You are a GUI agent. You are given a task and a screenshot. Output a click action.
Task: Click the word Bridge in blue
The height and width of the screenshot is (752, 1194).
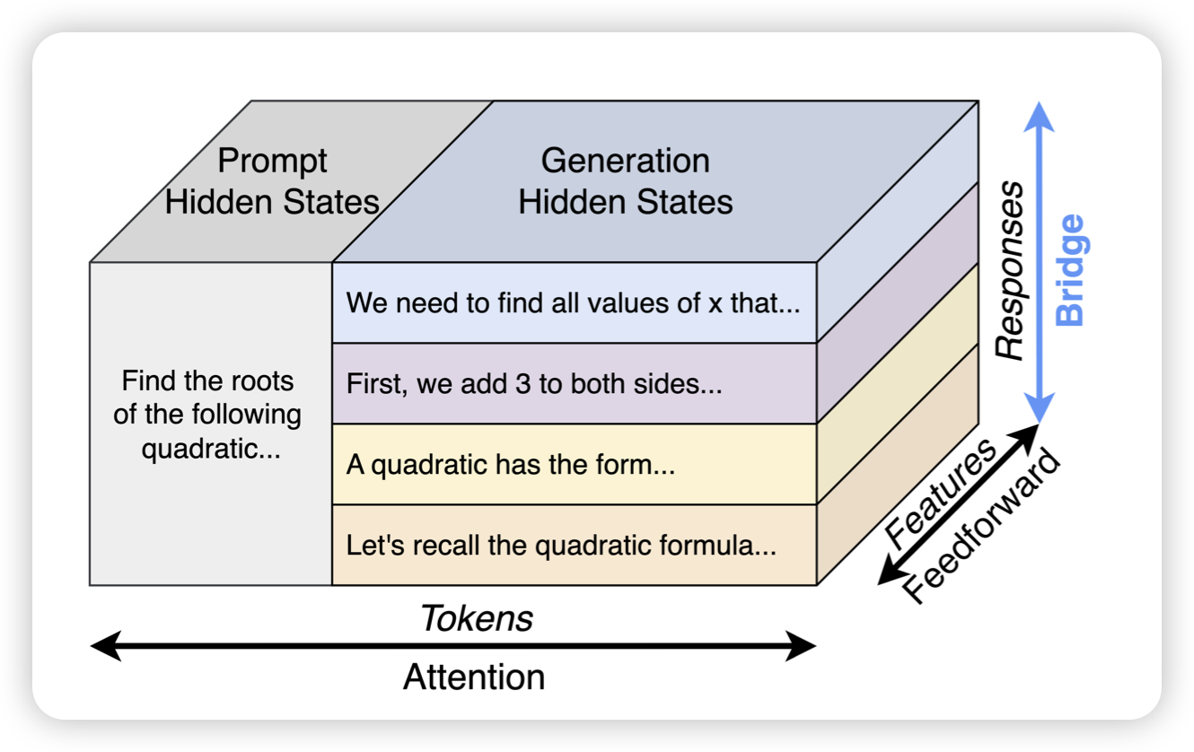pyautogui.click(x=1070, y=269)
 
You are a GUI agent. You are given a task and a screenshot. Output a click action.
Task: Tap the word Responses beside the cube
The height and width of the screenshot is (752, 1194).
pyautogui.click(x=1011, y=270)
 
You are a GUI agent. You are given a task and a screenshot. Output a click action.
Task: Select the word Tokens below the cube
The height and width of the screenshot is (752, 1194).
pyautogui.click(x=477, y=618)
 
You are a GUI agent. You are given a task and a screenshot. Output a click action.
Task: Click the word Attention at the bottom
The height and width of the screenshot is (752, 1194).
pyautogui.click(x=474, y=677)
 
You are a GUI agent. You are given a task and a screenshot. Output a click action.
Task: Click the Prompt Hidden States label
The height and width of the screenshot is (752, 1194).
pyautogui.click(x=273, y=181)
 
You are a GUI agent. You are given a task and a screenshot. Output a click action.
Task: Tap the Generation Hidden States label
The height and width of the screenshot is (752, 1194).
pyautogui.click(x=626, y=181)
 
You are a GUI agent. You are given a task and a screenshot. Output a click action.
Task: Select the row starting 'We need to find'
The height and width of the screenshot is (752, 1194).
pyautogui.click(x=573, y=302)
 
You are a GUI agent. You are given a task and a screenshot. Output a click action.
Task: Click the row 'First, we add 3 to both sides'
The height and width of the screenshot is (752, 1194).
pyautogui.click(x=534, y=384)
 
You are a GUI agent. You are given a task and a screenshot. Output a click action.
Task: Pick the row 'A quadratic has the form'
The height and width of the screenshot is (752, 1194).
pyautogui.click(x=510, y=466)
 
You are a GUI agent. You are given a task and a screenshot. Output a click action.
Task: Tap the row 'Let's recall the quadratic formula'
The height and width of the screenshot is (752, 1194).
pyautogui.click(x=561, y=546)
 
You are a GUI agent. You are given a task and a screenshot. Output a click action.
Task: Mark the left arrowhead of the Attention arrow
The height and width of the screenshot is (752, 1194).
pyautogui.click(x=99, y=646)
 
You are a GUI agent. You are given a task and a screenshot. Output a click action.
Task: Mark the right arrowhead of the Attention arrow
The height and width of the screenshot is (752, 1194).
pyautogui.click(x=807, y=646)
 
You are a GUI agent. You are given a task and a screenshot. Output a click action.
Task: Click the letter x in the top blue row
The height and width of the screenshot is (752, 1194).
pyautogui.click(x=716, y=302)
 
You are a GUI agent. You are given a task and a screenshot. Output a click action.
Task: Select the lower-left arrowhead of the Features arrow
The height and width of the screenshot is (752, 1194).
pyautogui.click(x=885, y=576)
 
